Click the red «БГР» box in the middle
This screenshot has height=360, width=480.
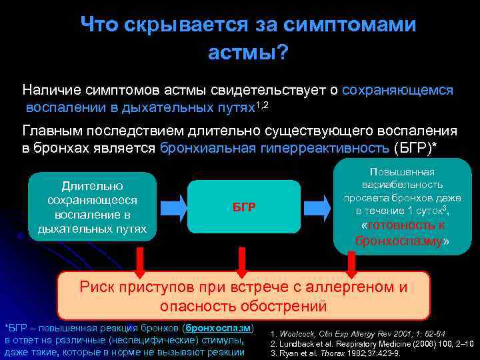click(x=244, y=207)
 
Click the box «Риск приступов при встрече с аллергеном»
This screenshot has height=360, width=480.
click(x=243, y=297)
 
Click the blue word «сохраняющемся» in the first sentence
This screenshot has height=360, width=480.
click(x=397, y=90)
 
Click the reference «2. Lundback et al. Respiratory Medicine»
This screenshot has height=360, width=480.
click(x=372, y=343)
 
